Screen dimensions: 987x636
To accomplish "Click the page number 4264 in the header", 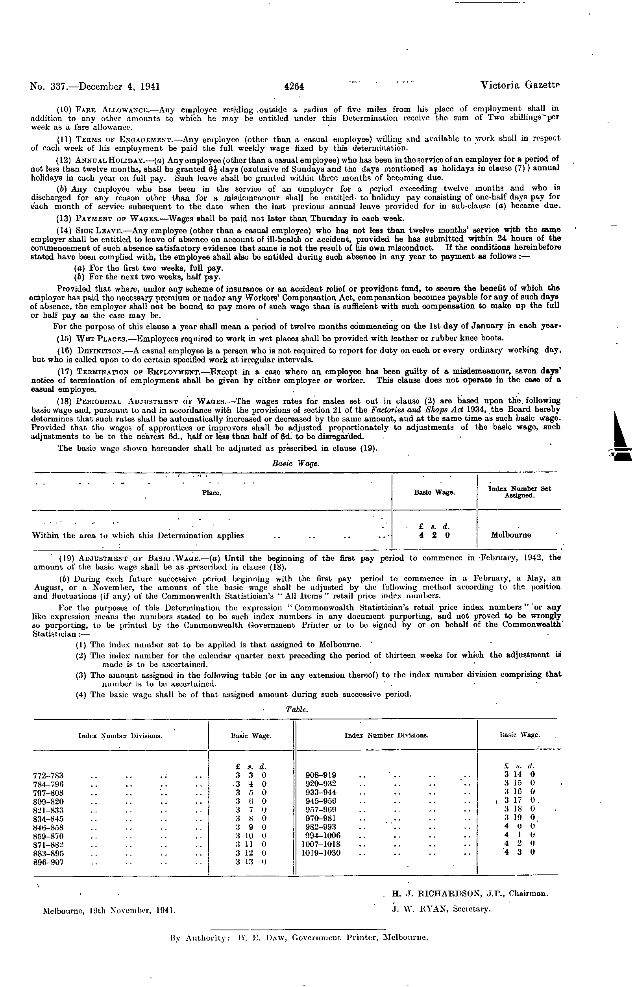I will (294, 86).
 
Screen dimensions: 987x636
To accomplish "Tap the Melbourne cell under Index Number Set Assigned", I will (511, 535).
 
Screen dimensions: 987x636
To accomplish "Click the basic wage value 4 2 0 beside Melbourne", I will (434, 535).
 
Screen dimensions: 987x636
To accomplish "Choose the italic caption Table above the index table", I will (296, 710).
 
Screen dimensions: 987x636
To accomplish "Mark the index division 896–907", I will (48, 862).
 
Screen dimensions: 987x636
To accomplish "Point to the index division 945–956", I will (320, 801).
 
